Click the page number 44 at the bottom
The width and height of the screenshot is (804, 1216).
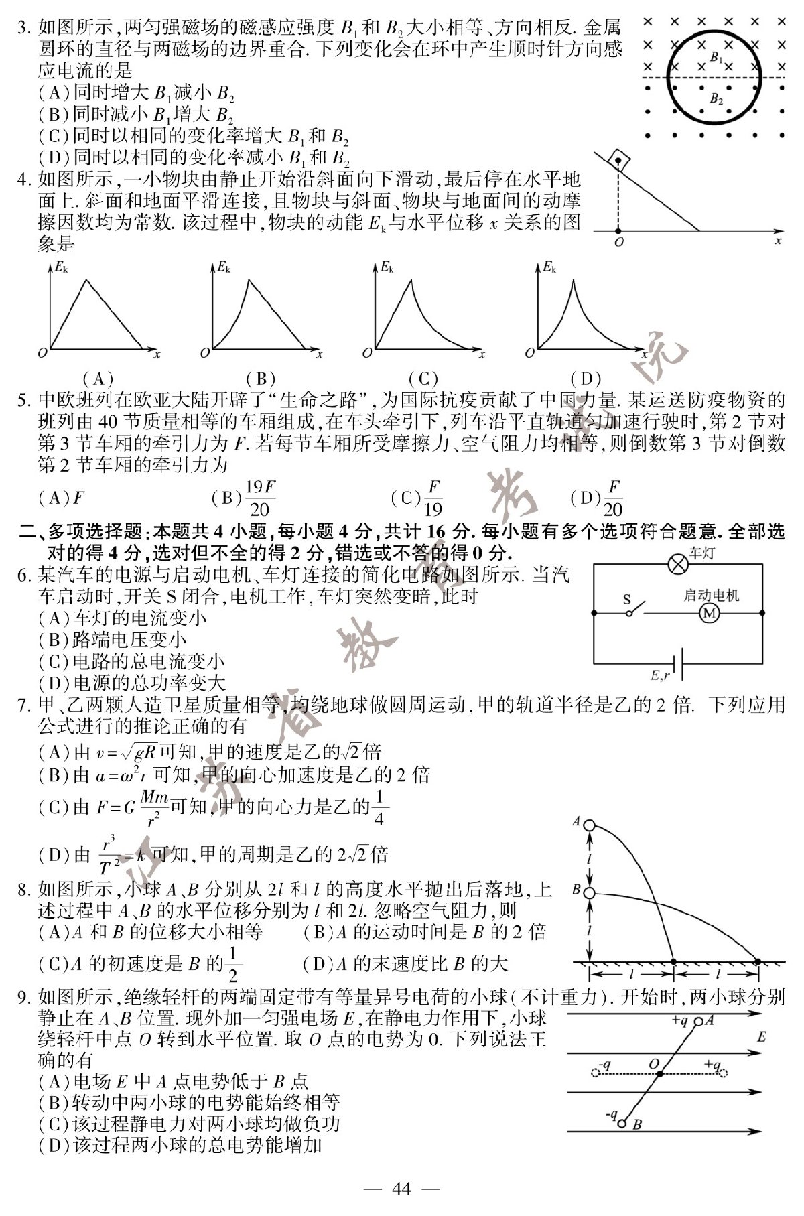click(401, 1190)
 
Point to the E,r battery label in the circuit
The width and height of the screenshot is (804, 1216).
click(659, 675)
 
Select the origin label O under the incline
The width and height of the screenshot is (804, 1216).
click(619, 242)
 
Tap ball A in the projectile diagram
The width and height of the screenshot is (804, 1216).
click(589, 825)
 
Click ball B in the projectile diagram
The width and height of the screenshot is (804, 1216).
click(589, 893)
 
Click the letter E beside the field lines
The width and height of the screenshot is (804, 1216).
click(761, 1038)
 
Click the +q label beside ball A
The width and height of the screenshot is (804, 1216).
click(679, 1022)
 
